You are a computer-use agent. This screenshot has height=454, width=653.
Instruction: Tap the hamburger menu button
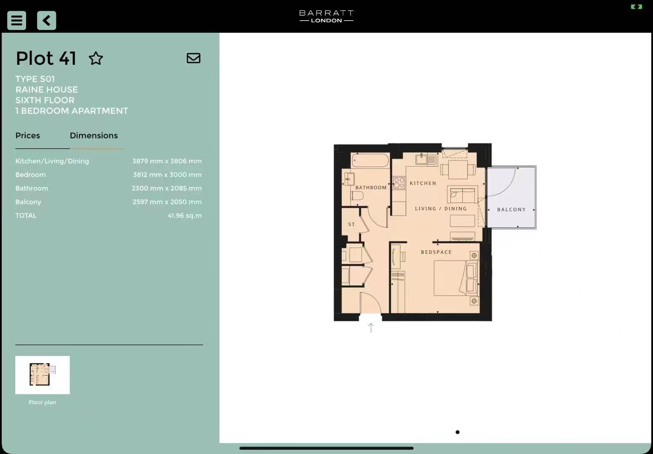point(17,21)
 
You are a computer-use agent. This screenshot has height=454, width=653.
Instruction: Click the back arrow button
point(47,21)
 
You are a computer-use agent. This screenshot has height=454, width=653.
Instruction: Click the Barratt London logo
point(326,16)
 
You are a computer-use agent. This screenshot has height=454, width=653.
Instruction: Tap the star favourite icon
point(96,58)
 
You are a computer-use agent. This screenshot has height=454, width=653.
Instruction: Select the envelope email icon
point(194,58)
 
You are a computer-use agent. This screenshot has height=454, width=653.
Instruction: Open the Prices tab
point(28,136)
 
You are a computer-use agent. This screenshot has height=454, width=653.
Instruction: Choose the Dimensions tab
point(94,136)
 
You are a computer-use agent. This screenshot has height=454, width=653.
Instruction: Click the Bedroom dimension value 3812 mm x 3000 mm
point(167,174)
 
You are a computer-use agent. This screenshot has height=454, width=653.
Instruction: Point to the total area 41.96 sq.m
point(185,216)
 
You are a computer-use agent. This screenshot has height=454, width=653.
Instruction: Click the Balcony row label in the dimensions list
point(28,202)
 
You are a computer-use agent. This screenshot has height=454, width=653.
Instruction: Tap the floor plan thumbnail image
point(42,375)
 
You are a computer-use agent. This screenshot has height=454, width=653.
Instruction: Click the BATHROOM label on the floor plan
point(371,187)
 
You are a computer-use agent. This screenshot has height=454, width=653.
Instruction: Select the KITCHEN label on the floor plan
point(423,183)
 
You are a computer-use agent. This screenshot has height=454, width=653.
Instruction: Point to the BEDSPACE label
point(437,252)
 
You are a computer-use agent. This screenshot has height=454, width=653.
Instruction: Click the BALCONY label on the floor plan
point(511,209)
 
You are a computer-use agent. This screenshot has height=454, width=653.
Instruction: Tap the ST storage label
point(352,224)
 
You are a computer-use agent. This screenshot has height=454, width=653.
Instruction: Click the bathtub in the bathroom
point(370,161)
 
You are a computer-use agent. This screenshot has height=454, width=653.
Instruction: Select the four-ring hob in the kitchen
point(399,183)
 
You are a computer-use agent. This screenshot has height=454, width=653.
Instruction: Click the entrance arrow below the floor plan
point(371,328)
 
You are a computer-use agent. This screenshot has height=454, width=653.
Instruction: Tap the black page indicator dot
point(457,432)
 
